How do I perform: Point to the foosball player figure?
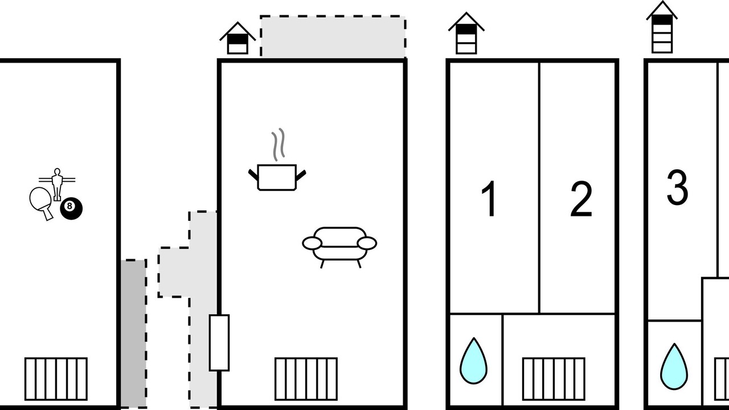click(57, 183)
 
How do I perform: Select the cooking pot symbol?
click(277, 177)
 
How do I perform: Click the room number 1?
click(490, 200)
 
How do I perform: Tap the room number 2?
click(581, 200)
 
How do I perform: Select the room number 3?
click(677, 188)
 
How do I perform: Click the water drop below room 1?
click(474, 361)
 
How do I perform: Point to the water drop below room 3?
click(674, 367)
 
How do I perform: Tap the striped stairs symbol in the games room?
click(56, 379)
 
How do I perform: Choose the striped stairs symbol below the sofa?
click(306, 379)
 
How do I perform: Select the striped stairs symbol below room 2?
click(554, 379)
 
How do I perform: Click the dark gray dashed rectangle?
click(134, 334)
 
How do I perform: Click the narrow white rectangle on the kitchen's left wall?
click(219, 343)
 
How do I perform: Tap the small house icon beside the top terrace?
click(237, 39)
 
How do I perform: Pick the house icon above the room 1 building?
click(466, 34)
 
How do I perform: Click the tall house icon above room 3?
click(662, 27)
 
